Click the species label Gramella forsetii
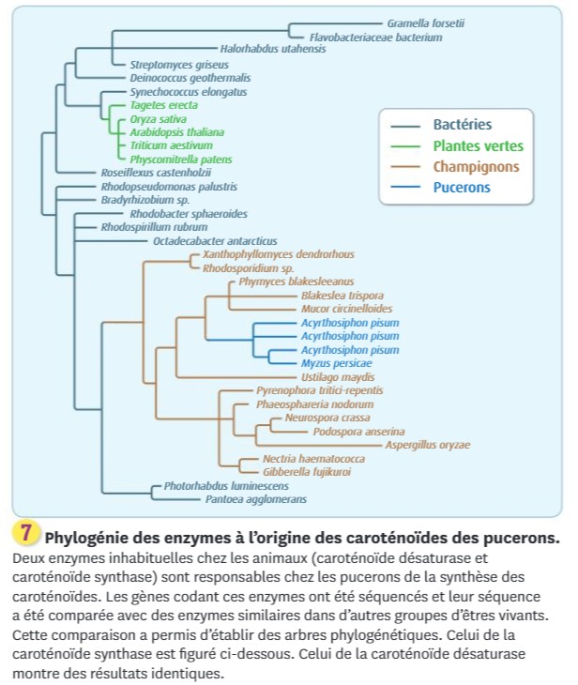point(426,23)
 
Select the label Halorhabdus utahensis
point(273,49)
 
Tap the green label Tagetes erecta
point(164,105)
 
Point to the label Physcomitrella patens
point(181,160)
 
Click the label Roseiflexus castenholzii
point(156,173)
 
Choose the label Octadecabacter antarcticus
point(215,241)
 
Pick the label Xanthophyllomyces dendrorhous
point(279,254)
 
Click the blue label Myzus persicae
point(337,363)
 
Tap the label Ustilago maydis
point(338,377)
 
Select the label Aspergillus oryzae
point(428,445)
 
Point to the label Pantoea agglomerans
point(256,499)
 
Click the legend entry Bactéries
point(463,125)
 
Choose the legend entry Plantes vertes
point(478,145)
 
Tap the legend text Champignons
point(477,167)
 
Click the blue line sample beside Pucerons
point(405,187)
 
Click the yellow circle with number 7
point(26,533)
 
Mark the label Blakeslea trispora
point(342,296)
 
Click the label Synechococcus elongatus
point(189,92)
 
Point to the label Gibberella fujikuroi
point(307,472)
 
